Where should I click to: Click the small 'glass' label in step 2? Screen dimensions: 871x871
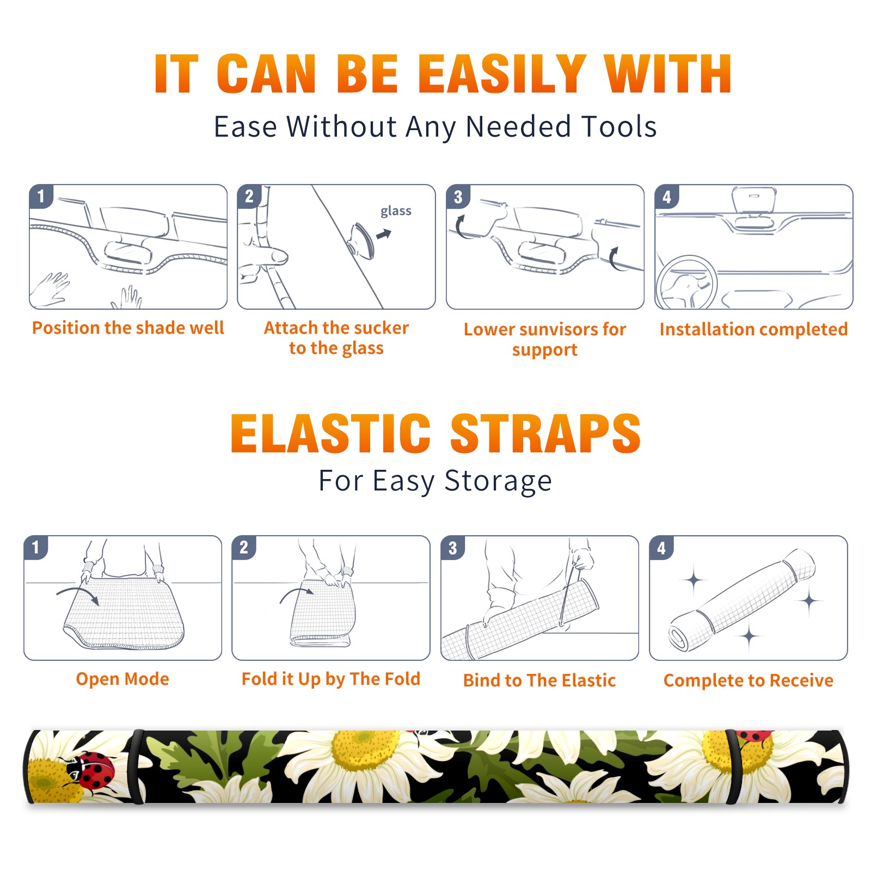click(x=396, y=211)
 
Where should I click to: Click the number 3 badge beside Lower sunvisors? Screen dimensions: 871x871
click(x=458, y=197)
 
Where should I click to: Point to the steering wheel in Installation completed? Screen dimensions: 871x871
click(x=686, y=283)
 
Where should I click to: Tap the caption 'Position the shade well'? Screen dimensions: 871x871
click(x=128, y=328)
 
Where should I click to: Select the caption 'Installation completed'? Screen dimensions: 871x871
click(x=753, y=329)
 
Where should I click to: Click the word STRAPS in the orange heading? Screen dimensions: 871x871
click(x=545, y=433)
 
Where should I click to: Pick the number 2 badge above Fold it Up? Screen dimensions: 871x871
click(x=244, y=548)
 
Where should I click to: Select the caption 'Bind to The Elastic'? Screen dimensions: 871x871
click(x=539, y=680)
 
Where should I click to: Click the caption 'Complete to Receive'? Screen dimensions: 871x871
click(x=749, y=680)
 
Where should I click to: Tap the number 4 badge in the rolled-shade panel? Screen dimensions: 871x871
click(x=661, y=548)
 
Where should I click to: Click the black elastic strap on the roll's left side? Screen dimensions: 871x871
click(x=136, y=766)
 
